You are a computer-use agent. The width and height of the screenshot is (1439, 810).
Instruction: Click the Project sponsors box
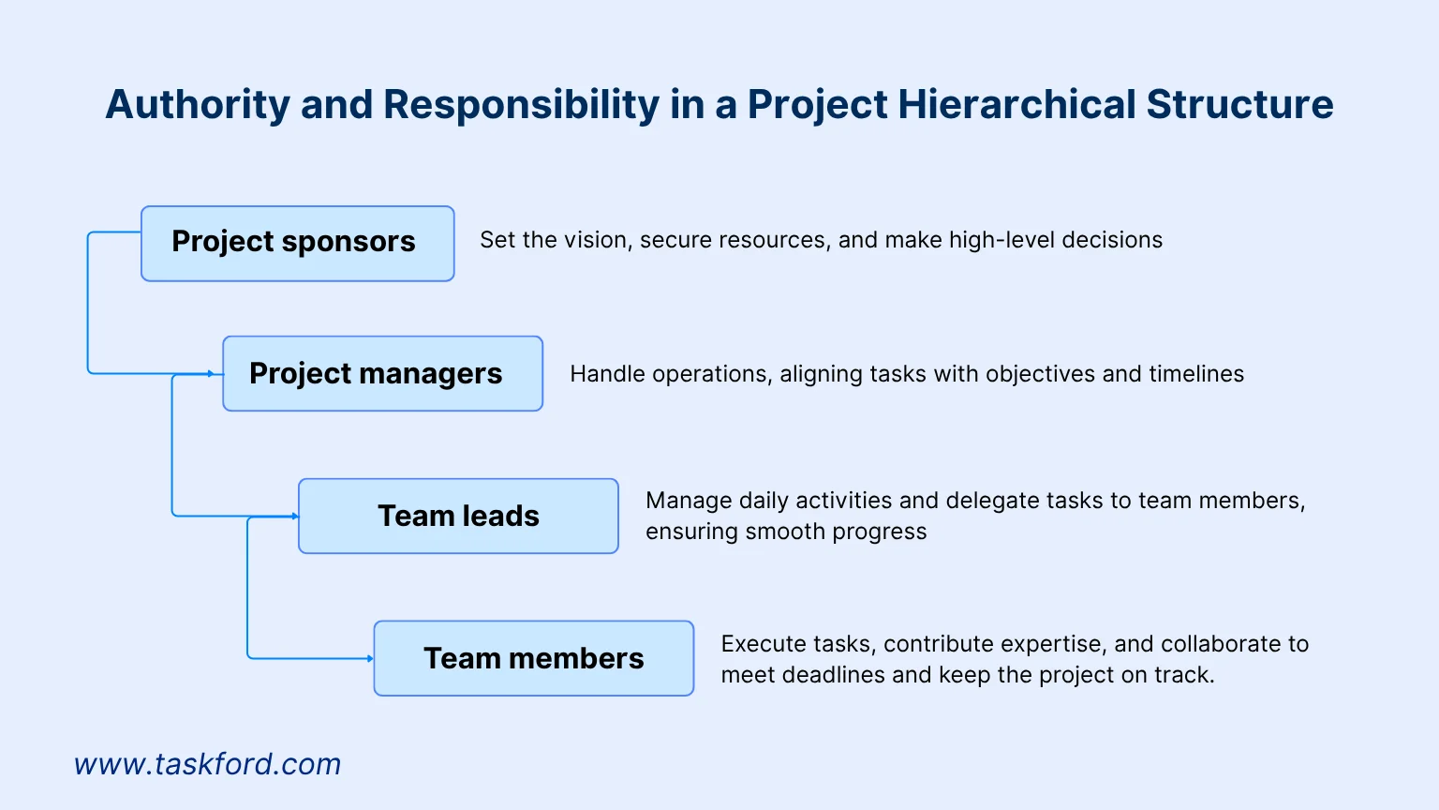click(x=297, y=243)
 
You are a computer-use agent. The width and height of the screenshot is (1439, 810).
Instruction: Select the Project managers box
click(x=382, y=373)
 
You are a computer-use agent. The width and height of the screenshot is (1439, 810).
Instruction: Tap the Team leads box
click(x=458, y=516)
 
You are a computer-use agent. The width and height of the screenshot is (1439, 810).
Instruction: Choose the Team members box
click(x=533, y=658)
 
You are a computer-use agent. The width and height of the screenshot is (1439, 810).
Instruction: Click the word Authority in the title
click(x=198, y=104)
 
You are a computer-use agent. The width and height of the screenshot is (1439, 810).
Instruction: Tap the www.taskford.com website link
click(x=207, y=764)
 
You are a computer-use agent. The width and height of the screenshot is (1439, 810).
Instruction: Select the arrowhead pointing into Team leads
click(x=295, y=517)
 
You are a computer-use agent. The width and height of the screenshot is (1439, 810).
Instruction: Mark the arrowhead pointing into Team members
click(x=370, y=659)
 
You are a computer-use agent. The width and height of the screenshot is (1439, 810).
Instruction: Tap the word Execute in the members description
click(x=751, y=644)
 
